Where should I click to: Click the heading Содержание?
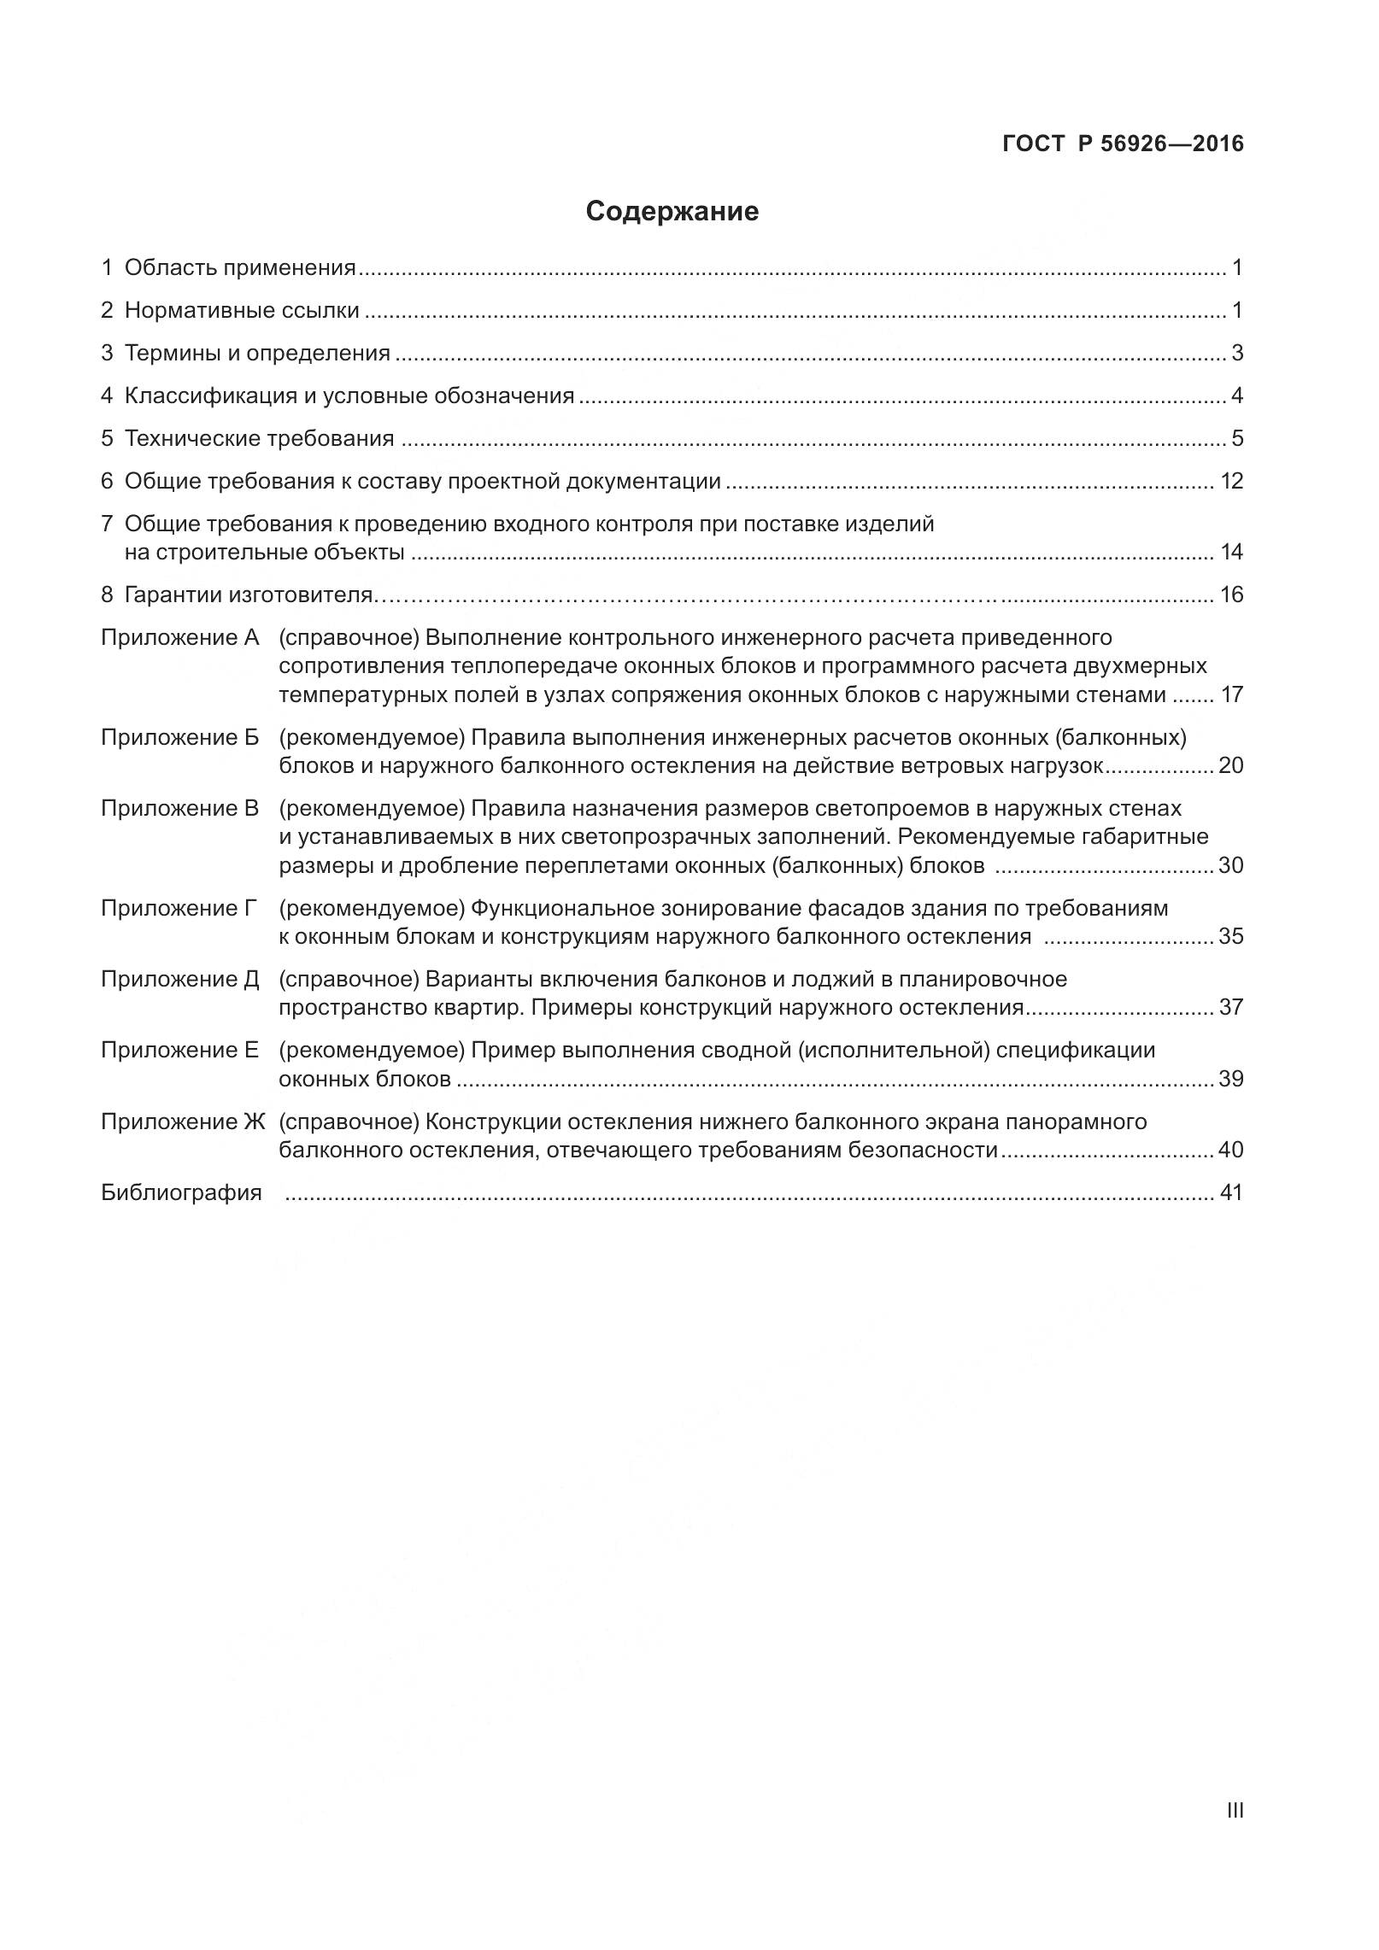point(672,212)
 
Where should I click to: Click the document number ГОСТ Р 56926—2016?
point(1123,144)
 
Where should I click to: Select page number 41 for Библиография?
point(1230,1192)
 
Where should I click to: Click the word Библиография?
point(181,1192)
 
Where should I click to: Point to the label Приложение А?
point(179,637)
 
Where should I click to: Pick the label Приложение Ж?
point(183,1121)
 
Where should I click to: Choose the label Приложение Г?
point(179,908)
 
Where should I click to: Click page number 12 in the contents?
point(1231,481)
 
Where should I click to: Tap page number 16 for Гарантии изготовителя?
point(1231,594)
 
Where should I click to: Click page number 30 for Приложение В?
point(1230,865)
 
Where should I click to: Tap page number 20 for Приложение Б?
point(1230,765)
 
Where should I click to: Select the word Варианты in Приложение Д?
point(474,979)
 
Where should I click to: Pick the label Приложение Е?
point(179,1050)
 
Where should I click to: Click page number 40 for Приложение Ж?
point(1230,1150)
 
